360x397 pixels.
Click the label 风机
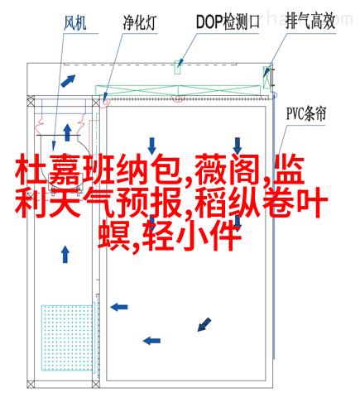[75, 22]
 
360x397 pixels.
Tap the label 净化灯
[140, 22]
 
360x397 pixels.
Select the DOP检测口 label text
[228, 22]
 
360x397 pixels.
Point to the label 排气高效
[310, 22]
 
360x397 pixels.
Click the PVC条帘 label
[306, 113]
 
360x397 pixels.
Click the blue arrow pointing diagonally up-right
[68, 81]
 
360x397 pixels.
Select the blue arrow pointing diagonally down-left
[204, 324]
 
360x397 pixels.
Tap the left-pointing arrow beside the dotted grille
[119, 307]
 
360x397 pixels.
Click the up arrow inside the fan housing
[67, 132]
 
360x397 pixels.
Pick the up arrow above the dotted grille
[65, 254]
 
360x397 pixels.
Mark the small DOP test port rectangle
[177, 67]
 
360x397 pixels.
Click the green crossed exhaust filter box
[266, 77]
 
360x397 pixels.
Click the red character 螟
[114, 235]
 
